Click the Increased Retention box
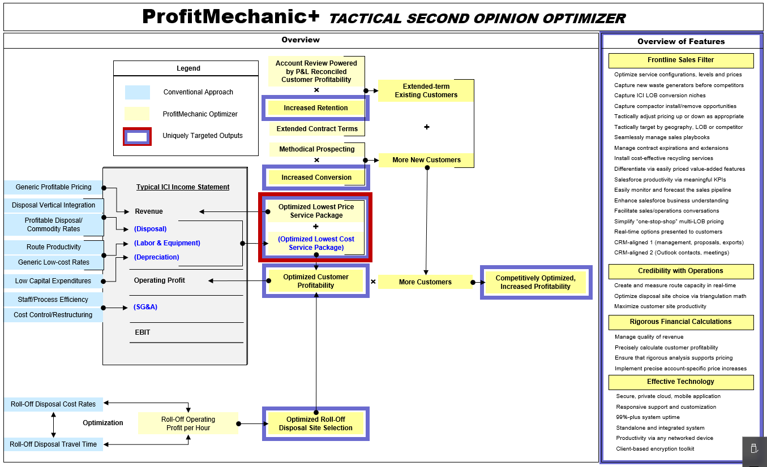315,108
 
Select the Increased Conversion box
316,177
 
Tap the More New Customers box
426,160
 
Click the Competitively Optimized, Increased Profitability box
536,282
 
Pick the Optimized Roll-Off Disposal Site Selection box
316,423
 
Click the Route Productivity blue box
54,247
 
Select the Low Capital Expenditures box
53,281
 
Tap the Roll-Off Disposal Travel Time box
53,444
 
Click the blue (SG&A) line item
145,307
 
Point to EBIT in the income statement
143,332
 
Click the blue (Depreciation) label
156,257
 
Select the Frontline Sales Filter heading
681,60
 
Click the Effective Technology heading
681,382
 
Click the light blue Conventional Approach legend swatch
138,92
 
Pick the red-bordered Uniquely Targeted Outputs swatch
138,136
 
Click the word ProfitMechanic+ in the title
231,16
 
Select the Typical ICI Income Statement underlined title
183,187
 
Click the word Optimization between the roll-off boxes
102,422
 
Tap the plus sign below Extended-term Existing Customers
427,127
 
